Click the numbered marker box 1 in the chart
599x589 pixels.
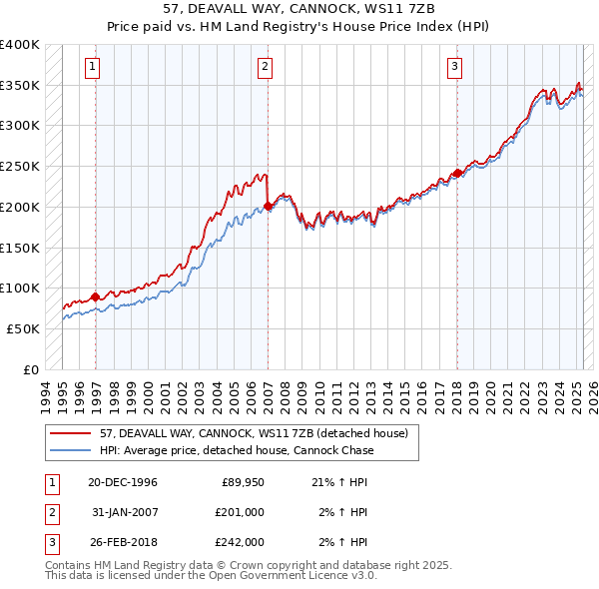(x=92, y=68)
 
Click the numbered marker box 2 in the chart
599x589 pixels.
(x=265, y=68)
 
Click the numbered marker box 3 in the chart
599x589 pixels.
(x=454, y=68)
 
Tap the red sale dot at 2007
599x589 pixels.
(x=268, y=207)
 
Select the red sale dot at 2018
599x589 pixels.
(x=457, y=174)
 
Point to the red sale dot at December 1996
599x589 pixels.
(x=96, y=296)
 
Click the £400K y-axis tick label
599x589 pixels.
(x=20, y=45)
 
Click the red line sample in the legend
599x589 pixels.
(x=70, y=434)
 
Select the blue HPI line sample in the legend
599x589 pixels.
(x=70, y=450)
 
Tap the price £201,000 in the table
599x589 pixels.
(x=240, y=512)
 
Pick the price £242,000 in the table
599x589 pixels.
(x=240, y=542)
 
